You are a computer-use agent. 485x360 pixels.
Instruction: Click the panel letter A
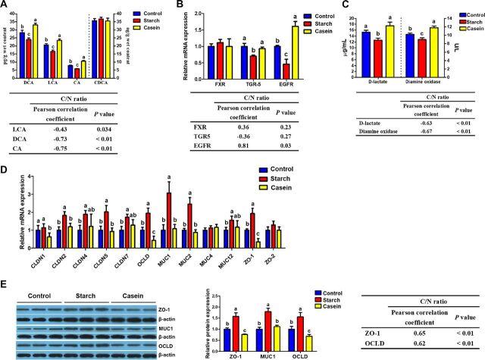5,5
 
